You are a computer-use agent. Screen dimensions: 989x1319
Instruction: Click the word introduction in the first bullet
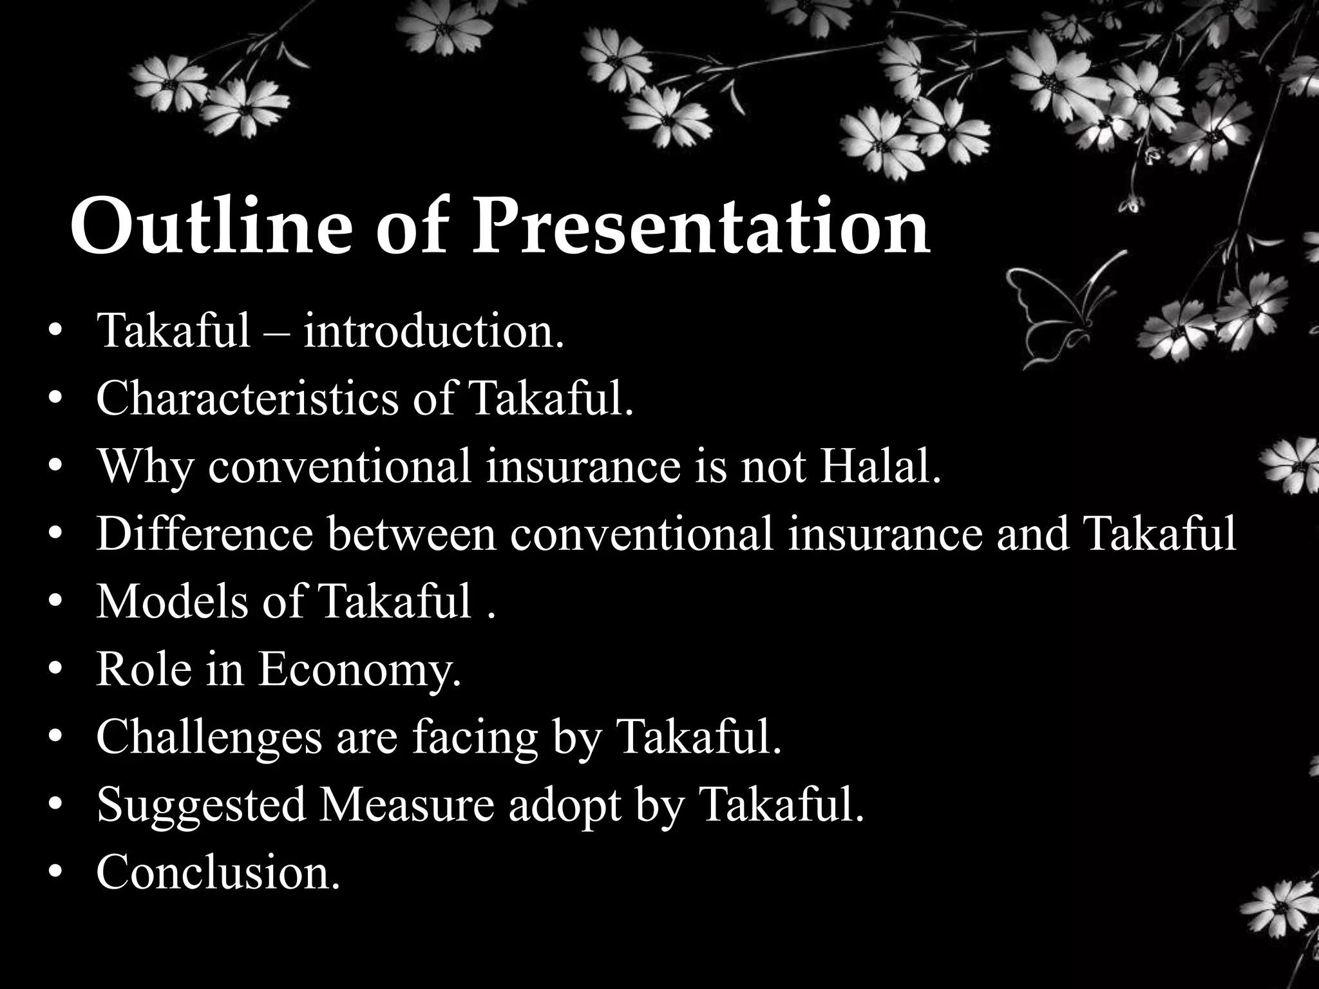[433, 332]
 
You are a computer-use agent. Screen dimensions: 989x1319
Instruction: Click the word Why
[144, 467]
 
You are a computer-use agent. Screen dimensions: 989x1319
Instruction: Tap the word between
[412, 534]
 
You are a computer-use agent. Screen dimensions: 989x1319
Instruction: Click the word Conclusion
[218, 872]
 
